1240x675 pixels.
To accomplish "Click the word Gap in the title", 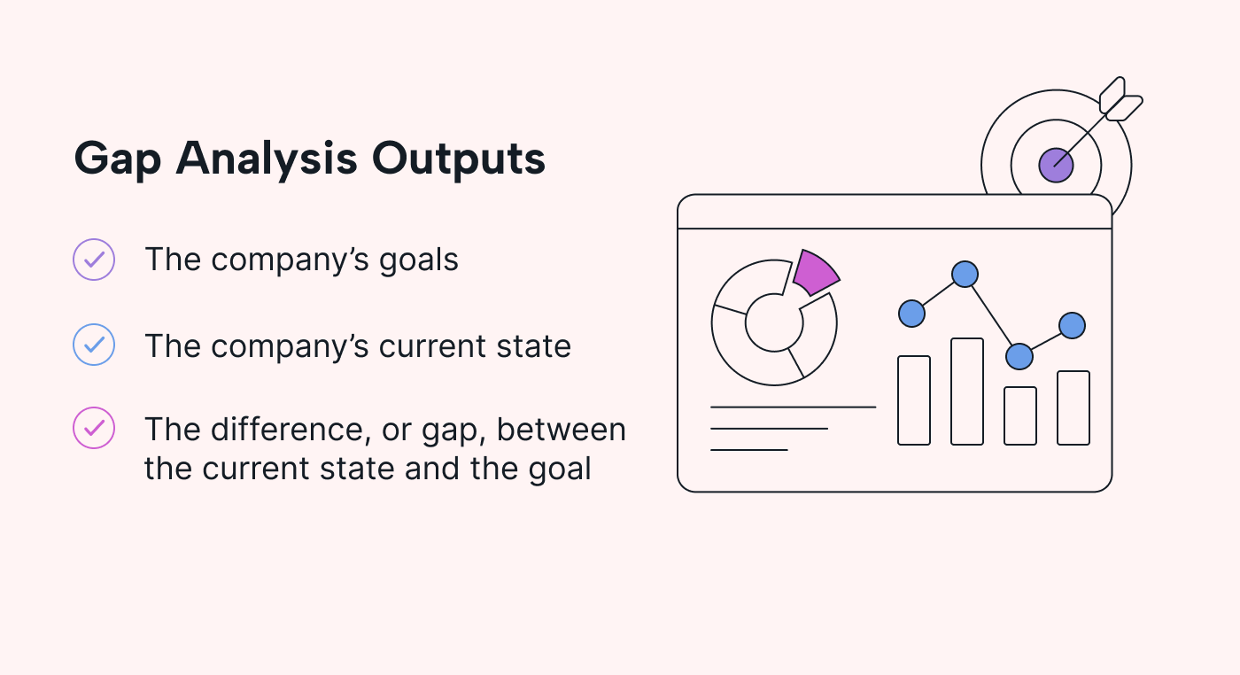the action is tap(117, 159).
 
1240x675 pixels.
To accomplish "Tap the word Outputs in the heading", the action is tap(459, 159).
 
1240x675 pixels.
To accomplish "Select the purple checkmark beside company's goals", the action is tap(94, 260).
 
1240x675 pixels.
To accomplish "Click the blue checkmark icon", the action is tap(94, 345).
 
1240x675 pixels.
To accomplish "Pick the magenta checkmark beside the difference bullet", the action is tap(94, 428).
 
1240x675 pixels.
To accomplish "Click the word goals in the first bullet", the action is tap(418, 260).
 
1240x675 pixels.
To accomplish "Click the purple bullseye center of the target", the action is tap(1056, 165).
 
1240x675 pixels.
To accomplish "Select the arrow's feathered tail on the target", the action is tap(1120, 100).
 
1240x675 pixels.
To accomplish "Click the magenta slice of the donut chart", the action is tap(816, 273).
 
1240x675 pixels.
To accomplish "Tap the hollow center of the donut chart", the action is tap(774, 322).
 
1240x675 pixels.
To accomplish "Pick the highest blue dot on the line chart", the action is tap(965, 274).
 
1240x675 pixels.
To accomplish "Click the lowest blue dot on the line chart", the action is tap(1019, 356).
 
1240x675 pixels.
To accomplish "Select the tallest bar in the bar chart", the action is tap(967, 392).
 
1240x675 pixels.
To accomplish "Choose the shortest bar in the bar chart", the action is tap(1020, 415).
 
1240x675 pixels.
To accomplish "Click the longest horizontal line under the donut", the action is tap(794, 407).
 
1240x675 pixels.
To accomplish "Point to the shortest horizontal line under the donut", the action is tap(749, 450).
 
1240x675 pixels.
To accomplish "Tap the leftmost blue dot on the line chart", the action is tap(911, 314).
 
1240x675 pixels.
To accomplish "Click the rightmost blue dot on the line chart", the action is tap(1073, 326).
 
